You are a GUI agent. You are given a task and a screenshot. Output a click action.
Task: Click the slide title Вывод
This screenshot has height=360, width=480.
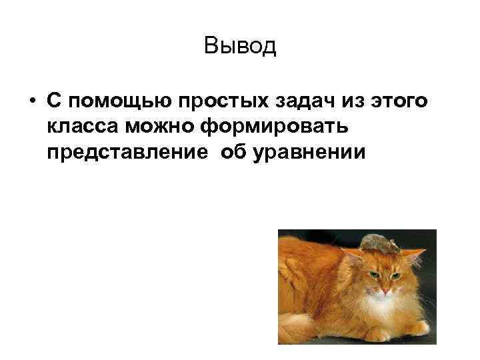tap(240, 46)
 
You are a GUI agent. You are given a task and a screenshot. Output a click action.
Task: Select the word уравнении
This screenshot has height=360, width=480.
tap(309, 153)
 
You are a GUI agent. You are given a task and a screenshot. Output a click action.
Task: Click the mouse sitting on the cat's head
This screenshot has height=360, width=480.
tap(379, 243)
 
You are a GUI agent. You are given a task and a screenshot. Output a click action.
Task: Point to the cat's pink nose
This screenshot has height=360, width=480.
tap(386, 289)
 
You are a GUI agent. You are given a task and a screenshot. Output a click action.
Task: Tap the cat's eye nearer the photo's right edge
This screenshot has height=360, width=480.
tap(396, 275)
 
